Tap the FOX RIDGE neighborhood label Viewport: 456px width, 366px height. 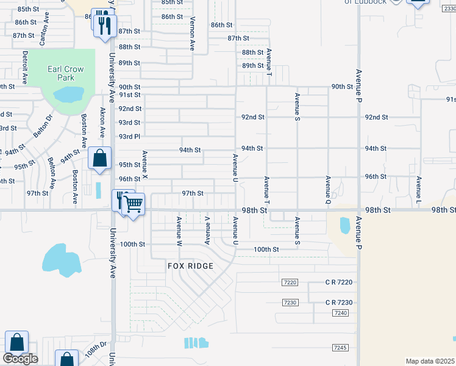click(x=191, y=266)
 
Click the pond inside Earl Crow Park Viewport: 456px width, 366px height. click(x=69, y=95)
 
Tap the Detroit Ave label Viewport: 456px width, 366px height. click(x=25, y=67)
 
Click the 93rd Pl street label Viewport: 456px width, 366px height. click(x=129, y=136)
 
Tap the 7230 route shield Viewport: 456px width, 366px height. click(x=290, y=303)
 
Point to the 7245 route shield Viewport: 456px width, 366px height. click(x=340, y=347)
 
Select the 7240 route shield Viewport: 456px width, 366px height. click(x=340, y=313)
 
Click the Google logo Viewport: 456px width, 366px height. click(x=20, y=359)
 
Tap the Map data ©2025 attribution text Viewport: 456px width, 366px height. click(x=430, y=361)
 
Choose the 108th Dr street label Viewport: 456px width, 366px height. click(x=96, y=351)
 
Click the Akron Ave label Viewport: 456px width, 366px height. click(x=102, y=123)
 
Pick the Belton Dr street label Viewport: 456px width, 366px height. click(x=38, y=127)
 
